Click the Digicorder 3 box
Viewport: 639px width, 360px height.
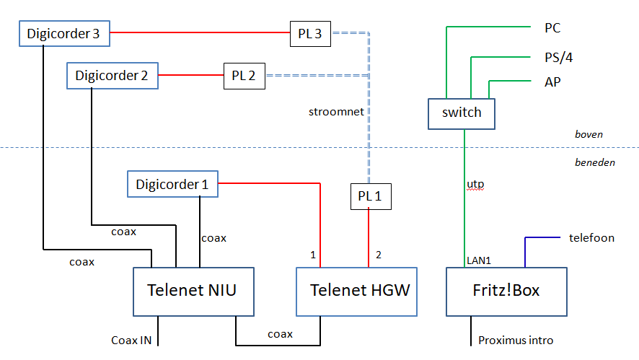63,33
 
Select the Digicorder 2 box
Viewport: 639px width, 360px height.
112,75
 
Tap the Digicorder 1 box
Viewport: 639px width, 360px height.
172,185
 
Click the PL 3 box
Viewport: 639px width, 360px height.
310,34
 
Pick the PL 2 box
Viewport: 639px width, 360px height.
244,75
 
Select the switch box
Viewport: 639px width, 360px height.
462,113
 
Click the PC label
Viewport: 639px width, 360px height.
552,29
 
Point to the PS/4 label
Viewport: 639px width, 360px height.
559,58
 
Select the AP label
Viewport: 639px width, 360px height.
552,82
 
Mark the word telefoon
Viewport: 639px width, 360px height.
591,237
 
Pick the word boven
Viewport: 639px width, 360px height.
589,134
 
